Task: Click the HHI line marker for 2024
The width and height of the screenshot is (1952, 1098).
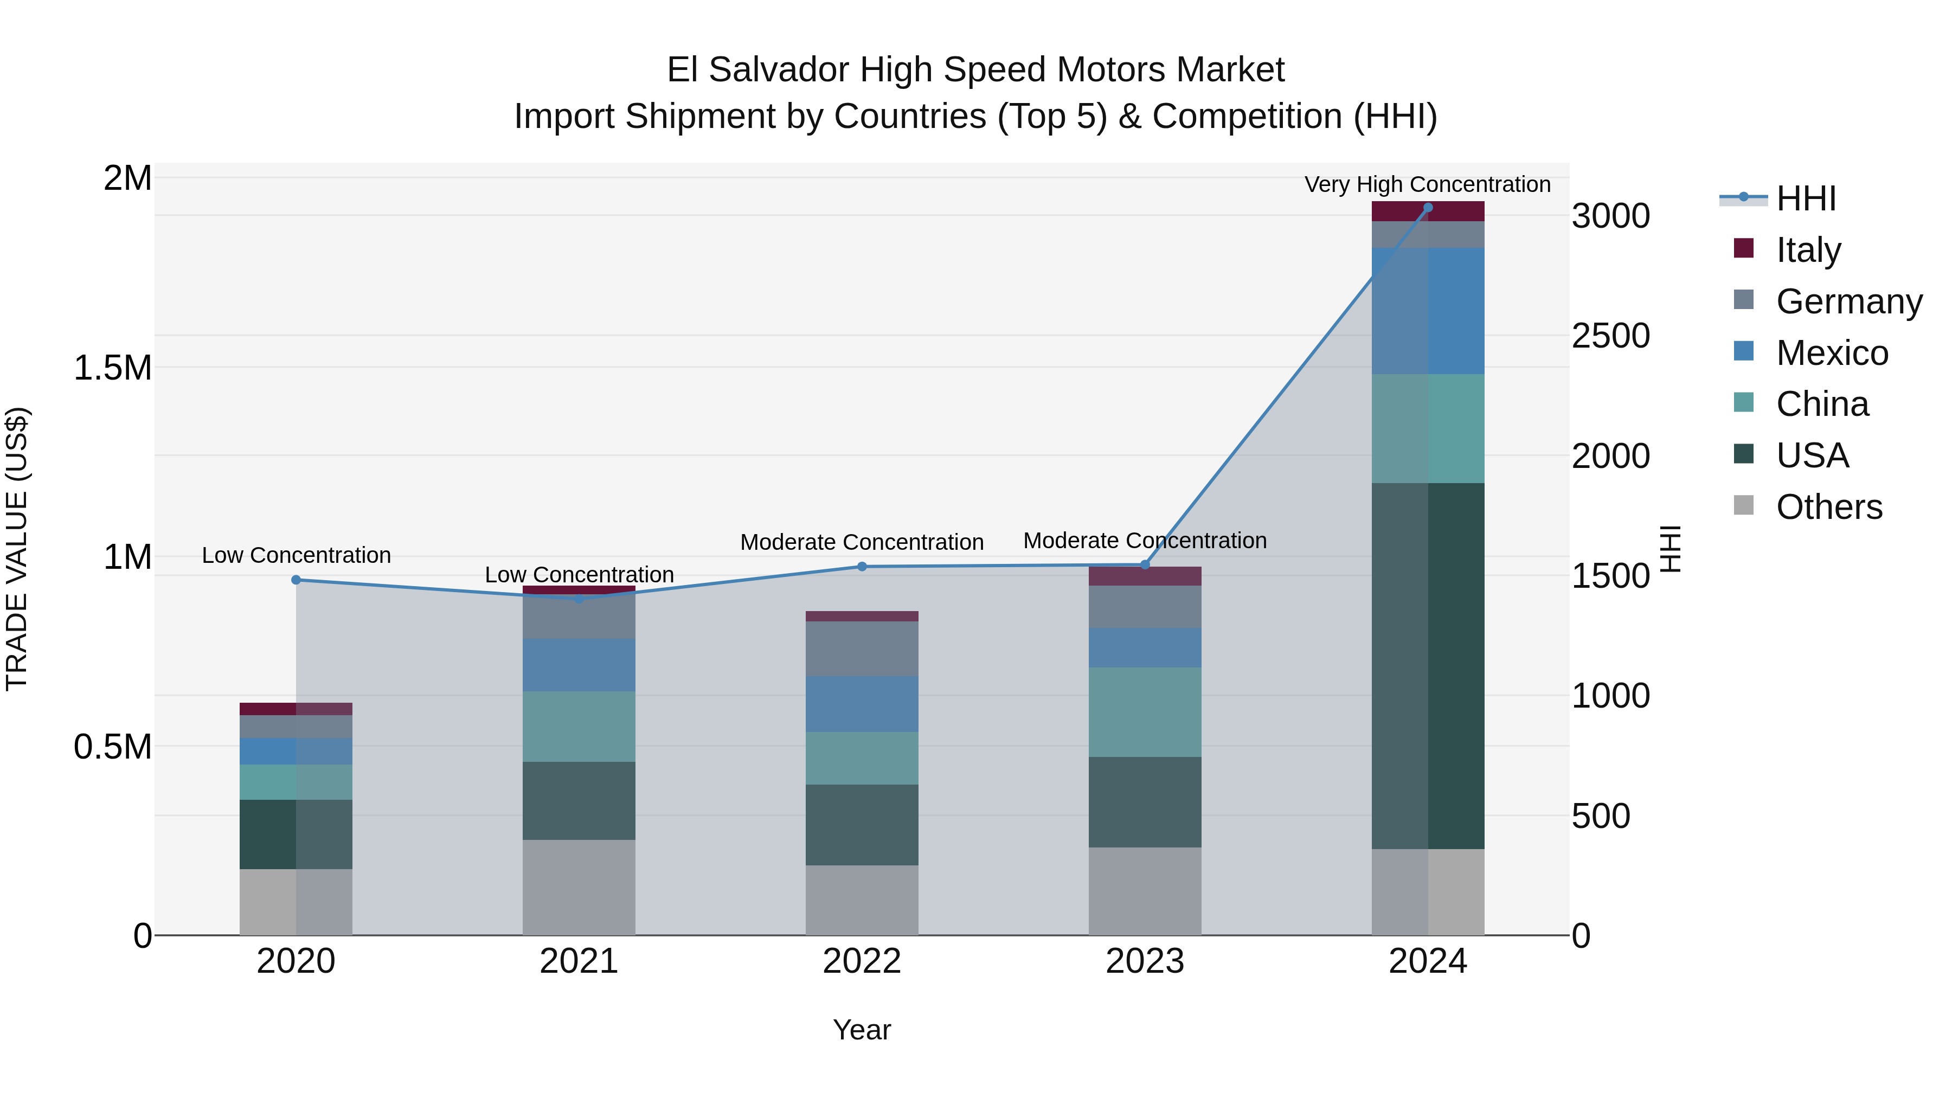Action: [1428, 207]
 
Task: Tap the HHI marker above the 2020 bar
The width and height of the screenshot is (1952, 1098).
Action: [296, 580]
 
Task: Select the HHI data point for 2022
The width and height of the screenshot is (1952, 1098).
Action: [862, 566]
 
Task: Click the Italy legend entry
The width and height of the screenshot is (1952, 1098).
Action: [1808, 249]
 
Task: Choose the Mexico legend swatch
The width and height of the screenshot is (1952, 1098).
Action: [1744, 351]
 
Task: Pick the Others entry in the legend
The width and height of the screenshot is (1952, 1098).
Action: [1828, 506]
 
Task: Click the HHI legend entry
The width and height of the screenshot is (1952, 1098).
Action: [1806, 198]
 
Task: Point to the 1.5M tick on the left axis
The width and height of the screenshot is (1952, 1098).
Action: [112, 368]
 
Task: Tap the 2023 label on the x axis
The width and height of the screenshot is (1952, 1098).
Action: [1144, 961]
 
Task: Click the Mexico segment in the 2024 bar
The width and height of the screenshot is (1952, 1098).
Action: [1428, 311]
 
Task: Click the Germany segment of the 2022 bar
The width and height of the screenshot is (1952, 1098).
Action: [862, 648]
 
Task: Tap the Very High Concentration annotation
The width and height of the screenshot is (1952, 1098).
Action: [1427, 184]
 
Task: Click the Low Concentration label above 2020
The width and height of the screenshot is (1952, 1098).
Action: [296, 555]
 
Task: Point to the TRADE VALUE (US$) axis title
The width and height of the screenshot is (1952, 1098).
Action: [17, 549]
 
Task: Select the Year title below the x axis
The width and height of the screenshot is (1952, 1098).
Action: [862, 1030]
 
